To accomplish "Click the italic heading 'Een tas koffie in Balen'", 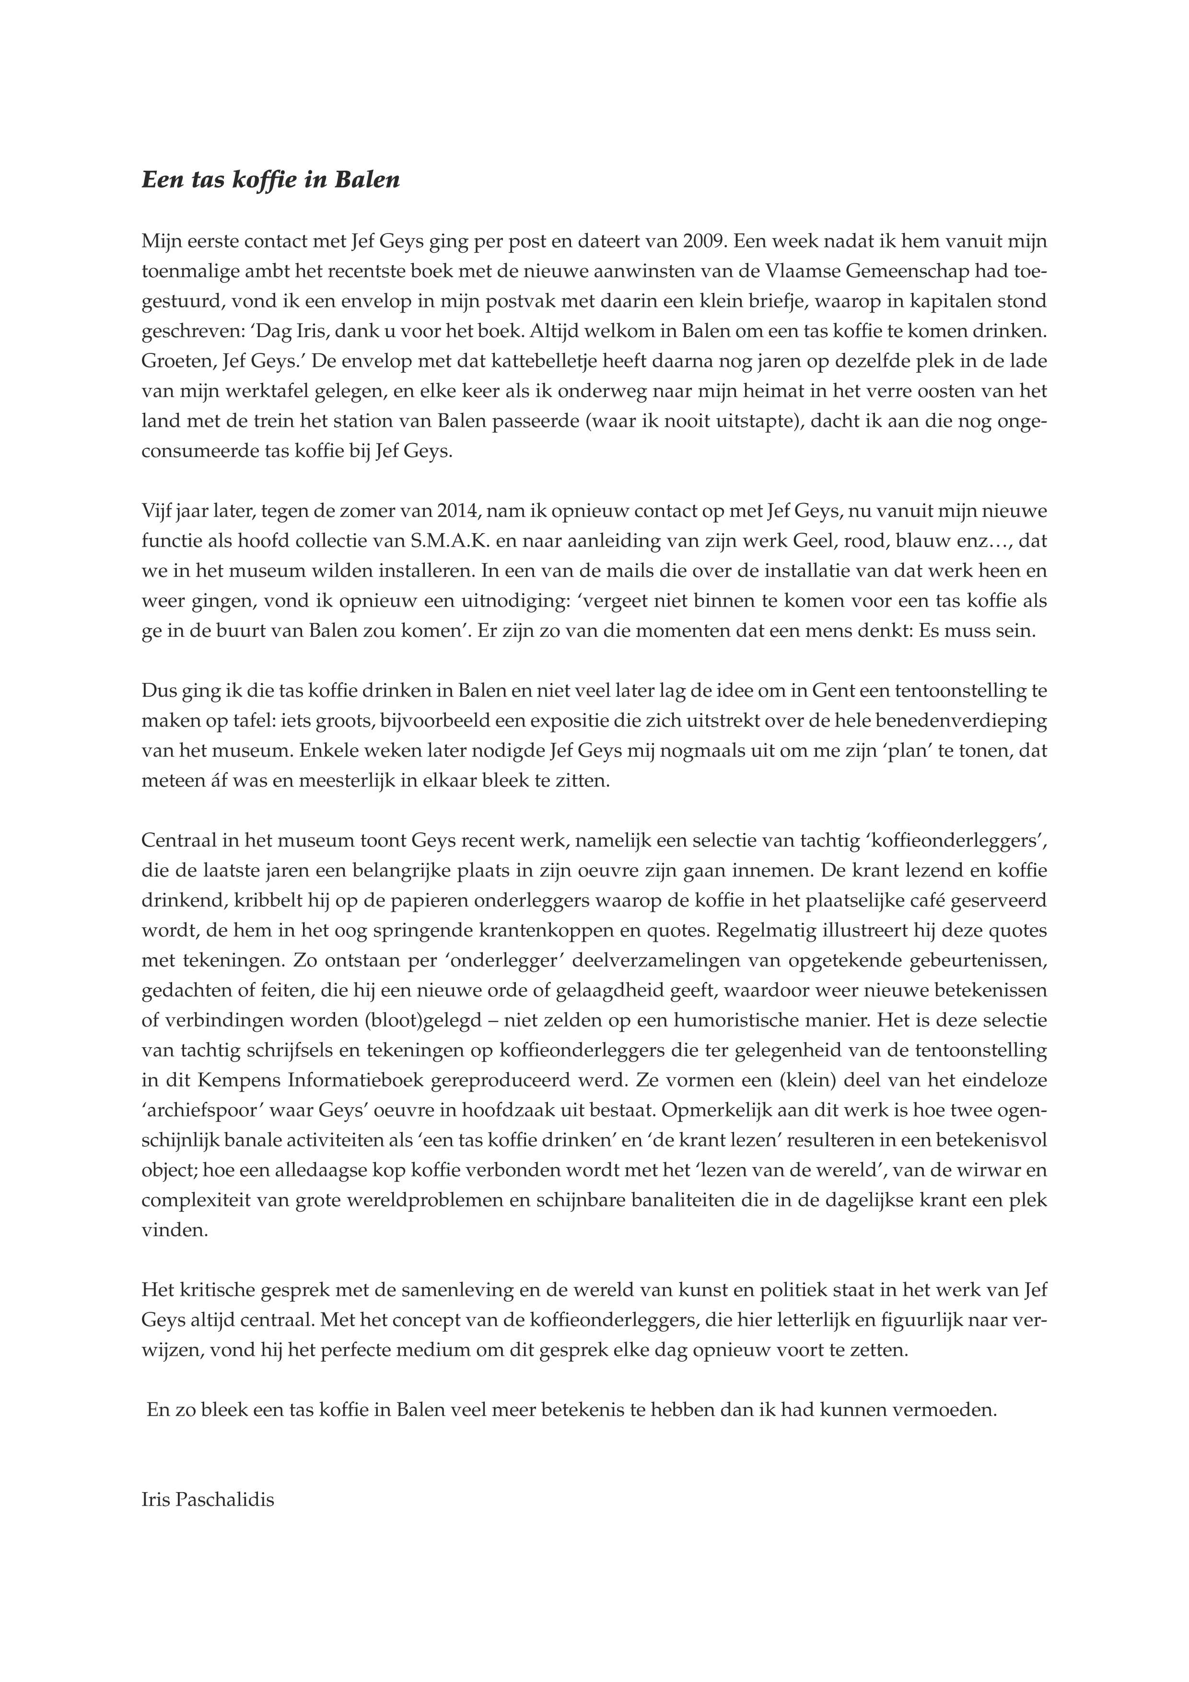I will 270,180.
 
